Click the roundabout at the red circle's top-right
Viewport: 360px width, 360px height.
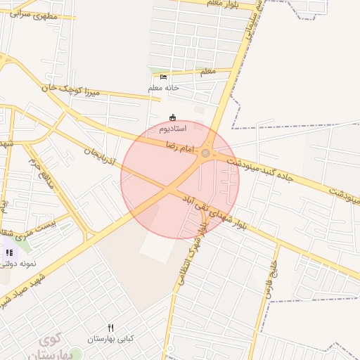point(205,153)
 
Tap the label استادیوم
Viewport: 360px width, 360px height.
point(172,129)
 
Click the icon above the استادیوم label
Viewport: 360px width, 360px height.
point(173,117)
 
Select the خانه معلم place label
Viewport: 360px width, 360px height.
point(164,88)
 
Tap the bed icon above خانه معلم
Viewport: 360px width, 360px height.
point(164,77)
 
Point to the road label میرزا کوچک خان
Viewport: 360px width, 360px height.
point(71,89)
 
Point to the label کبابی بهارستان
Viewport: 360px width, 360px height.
point(110,339)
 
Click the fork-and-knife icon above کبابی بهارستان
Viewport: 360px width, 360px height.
point(110,328)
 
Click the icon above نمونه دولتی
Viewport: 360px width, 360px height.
point(9,252)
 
